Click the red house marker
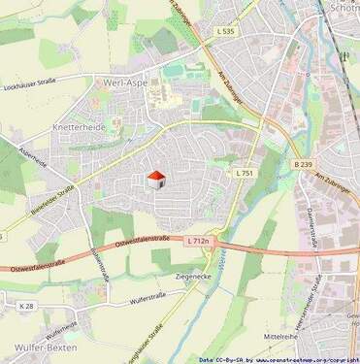(x=154, y=181)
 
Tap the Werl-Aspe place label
(x=122, y=84)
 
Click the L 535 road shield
(x=224, y=31)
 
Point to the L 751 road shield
(x=245, y=173)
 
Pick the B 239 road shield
(x=303, y=165)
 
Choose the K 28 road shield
(x=25, y=306)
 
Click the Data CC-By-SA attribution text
(x=218, y=359)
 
